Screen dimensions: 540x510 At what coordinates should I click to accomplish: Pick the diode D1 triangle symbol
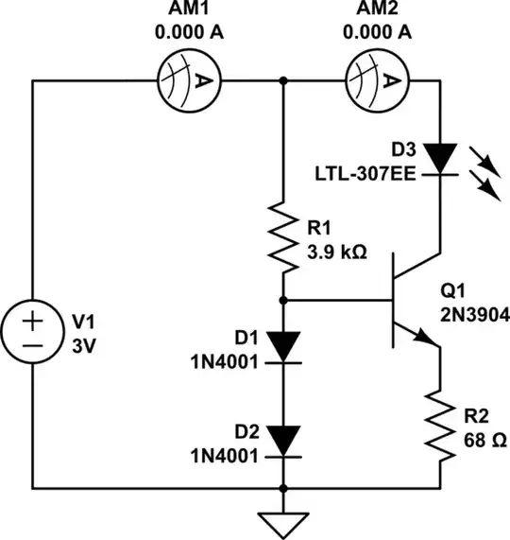[x=283, y=345]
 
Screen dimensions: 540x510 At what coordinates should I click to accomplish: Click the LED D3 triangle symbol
[x=440, y=156]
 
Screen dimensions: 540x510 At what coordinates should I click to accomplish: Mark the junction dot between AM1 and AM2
[x=283, y=81]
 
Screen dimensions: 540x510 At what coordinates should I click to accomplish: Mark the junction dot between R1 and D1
[x=283, y=300]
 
